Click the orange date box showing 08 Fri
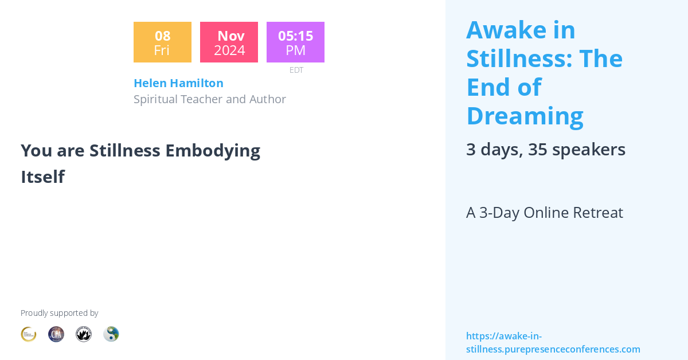click(162, 42)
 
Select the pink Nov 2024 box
click(229, 42)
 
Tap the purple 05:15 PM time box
click(295, 42)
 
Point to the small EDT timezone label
click(296, 70)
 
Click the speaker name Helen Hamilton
click(178, 83)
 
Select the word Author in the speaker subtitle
click(267, 99)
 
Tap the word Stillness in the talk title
click(124, 150)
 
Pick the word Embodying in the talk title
click(213, 150)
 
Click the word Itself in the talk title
click(42, 177)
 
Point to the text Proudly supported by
click(59, 313)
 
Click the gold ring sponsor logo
click(29, 334)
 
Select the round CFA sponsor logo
click(56, 334)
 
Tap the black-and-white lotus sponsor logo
click(84, 334)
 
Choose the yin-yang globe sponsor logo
click(111, 334)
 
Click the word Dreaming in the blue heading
click(525, 116)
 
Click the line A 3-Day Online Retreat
click(544, 213)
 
